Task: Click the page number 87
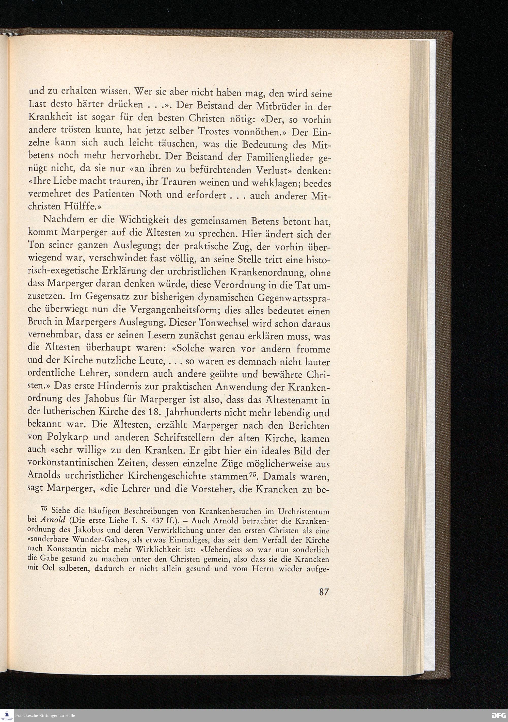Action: (x=324, y=592)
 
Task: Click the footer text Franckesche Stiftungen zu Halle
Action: (x=46, y=716)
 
